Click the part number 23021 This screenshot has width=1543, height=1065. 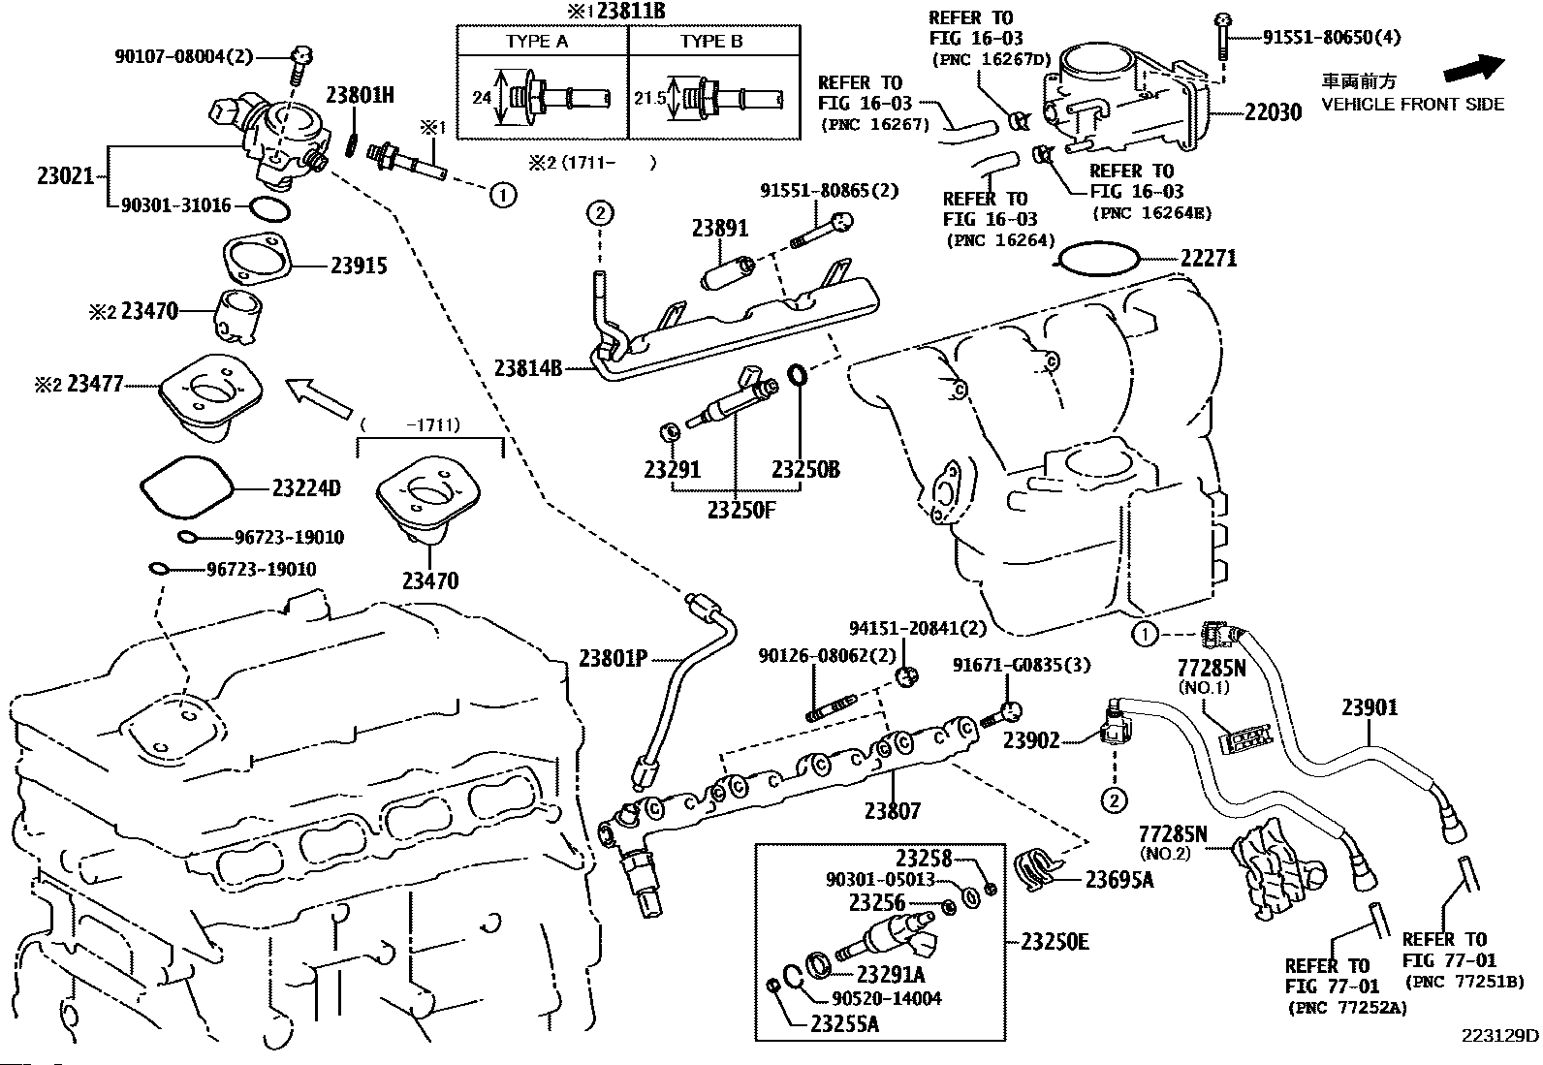(65, 176)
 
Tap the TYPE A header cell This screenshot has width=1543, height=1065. (537, 42)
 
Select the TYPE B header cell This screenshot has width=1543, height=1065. (711, 42)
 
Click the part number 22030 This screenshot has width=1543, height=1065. (1274, 112)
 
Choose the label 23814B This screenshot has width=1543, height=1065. (528, 368)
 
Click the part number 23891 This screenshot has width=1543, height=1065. (720, 229)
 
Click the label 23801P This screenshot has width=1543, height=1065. (613, 658)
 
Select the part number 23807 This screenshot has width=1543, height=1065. (893, 810)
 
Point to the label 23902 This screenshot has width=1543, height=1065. (1031, 740)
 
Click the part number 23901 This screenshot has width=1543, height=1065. (1370, 707)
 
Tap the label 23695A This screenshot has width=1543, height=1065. (1119, 880)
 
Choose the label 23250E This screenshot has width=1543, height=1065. (1055, 941)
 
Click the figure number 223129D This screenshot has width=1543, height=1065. (1499, 1035)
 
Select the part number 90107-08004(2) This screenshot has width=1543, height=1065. (191, 57)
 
